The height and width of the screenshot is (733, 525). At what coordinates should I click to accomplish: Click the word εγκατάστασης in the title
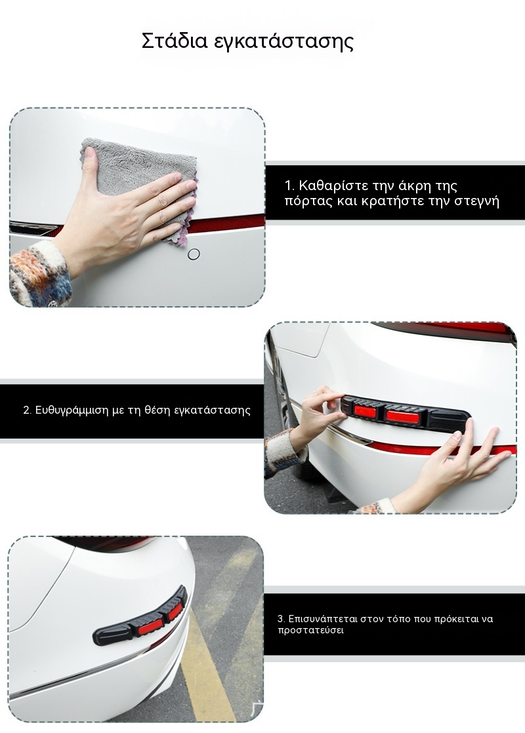pos(284,42)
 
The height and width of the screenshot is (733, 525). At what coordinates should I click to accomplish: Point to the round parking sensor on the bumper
pos(193,254)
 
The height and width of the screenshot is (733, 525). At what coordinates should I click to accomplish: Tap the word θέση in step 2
pos(157,410)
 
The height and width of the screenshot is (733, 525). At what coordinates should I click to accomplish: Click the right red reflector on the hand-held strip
pos(398,415)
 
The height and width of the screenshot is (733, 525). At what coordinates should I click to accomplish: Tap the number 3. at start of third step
pos(281,619)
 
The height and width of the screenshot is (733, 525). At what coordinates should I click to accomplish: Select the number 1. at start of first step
pos(289,186)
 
